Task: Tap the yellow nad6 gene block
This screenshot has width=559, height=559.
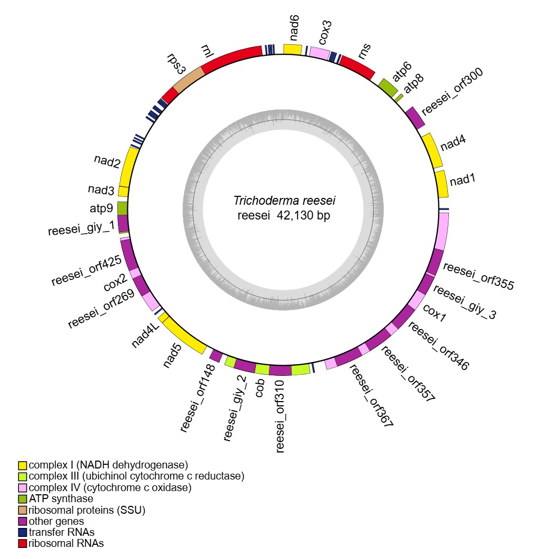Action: coord(293,49)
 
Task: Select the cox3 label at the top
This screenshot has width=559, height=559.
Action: coord(326,33)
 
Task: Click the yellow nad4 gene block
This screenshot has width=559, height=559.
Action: coord(433,151)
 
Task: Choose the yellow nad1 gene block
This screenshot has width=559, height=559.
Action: coord(443,184)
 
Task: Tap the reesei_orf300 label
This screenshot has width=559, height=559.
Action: coord(452,91)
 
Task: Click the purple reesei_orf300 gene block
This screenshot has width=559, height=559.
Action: coord(415,118)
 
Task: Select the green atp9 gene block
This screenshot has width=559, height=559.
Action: coord(123,208)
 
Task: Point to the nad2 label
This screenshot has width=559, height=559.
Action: coord(107,161)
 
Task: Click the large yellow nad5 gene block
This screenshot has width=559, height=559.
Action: coord(183,335)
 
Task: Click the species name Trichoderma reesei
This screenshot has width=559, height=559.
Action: coord(284,201)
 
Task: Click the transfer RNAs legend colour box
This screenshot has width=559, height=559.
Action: coord(22,532)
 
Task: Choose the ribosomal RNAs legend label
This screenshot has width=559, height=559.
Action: coord(66,543)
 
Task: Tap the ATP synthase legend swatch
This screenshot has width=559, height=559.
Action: coord(22,499)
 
